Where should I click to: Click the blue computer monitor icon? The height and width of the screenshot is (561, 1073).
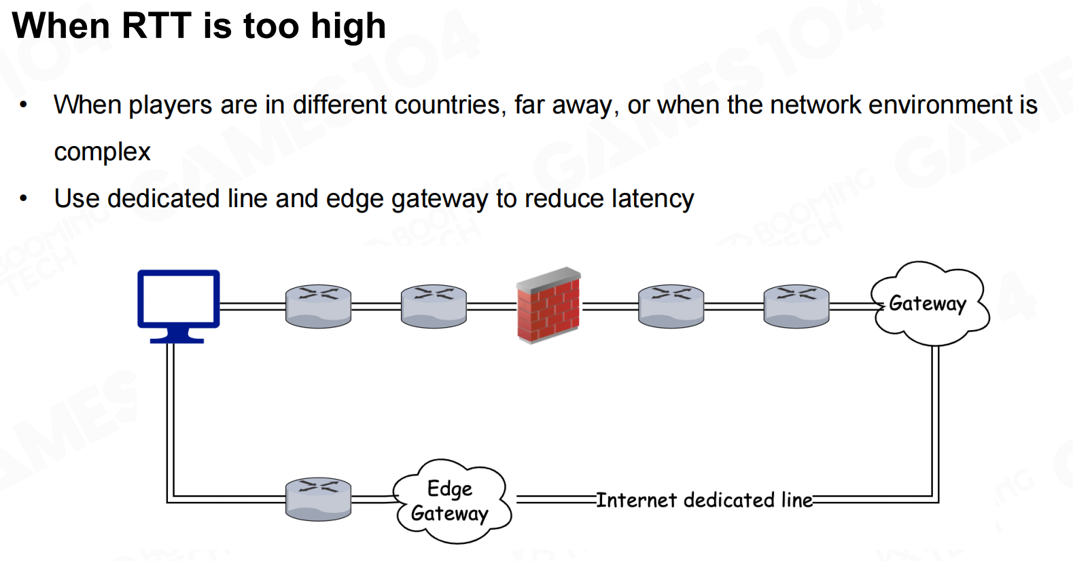point(178,300)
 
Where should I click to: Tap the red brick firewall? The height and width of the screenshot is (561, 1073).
point(548,306)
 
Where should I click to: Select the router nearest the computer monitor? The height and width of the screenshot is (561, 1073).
point(318,306)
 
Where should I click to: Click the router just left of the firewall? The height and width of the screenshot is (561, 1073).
point(434,306)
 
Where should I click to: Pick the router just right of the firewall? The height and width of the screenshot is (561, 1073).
point(671,306)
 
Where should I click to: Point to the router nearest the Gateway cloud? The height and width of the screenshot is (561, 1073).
point(796,306)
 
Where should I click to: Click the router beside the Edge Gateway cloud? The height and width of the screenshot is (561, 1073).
point(318,499)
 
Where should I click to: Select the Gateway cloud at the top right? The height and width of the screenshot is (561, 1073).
point(928,304)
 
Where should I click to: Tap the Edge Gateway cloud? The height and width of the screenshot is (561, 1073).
point(451,501)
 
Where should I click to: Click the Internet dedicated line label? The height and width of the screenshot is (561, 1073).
point(704,500)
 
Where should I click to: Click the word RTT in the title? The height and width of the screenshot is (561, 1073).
point(156,26)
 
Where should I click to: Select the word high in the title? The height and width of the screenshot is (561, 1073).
point(348,26)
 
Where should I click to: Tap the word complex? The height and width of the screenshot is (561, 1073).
point(102,152)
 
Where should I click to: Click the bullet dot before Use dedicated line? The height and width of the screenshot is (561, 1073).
point(24,199)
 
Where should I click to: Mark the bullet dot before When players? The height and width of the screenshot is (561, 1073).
point(24,105)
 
